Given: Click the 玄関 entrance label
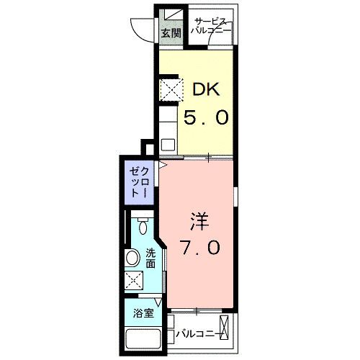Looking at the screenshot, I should pos(170,34).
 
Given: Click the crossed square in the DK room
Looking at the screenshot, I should pos(171,91).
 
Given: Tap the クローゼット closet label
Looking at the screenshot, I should pos(140,183).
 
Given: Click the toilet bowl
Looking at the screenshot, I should pos(142,228).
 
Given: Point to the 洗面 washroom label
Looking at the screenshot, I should pos(150,258).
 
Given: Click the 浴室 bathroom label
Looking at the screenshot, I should pos(143,312).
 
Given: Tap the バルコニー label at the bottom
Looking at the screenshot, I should pos(194,333).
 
